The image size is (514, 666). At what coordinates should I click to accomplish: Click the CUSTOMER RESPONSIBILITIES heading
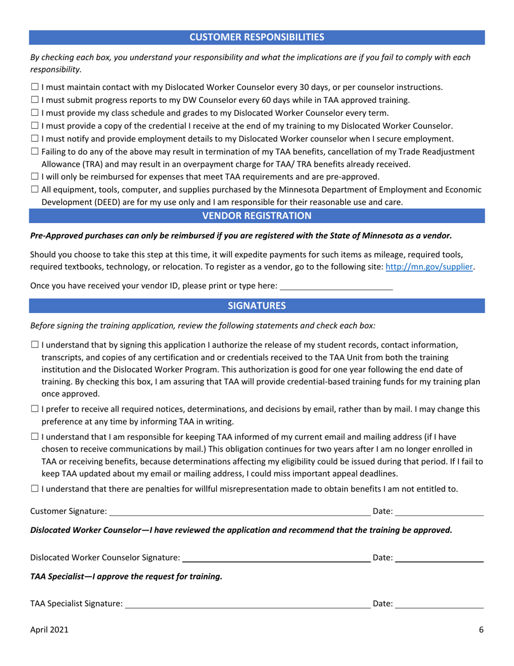(256, 37)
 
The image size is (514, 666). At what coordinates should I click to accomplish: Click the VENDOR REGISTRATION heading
(256, 216)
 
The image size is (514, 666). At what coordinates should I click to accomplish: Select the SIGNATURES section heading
(256, 305)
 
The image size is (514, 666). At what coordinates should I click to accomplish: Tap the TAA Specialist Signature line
(247, 604)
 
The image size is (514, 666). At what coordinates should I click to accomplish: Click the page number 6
(481, 630)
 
